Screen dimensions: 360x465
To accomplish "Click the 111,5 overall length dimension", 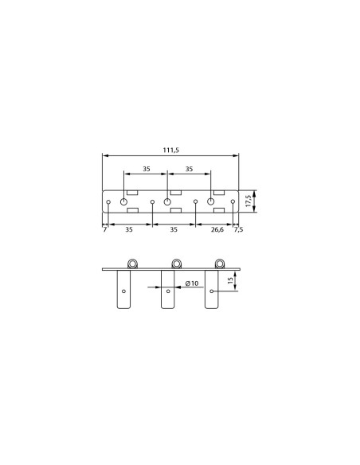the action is coord(170,150).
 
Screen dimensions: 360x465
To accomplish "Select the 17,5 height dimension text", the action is coord(248,201).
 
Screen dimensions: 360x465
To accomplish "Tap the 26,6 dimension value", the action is coord(217,229).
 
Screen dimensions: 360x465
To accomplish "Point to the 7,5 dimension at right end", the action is coord(238,229).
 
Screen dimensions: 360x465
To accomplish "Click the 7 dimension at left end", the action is coord(104,229).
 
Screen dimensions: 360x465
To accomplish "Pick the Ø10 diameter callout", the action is coord(192,283).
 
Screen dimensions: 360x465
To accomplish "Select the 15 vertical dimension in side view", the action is coord(230,280).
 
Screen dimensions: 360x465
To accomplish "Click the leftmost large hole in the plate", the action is coord(123,201).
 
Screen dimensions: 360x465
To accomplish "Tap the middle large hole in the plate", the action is coord(167,201).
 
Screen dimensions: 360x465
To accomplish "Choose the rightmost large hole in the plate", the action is coord(210,201).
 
